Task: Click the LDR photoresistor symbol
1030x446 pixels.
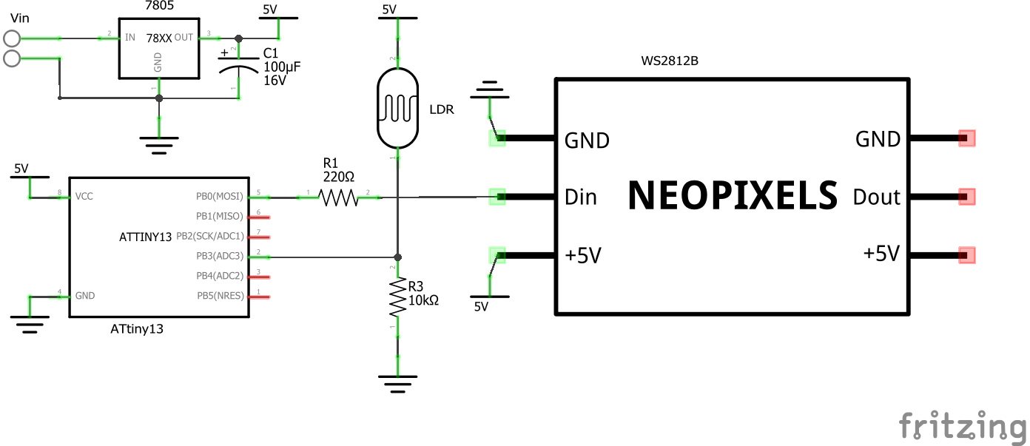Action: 398,109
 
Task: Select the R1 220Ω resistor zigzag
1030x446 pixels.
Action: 339,197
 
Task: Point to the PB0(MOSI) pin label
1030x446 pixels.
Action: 220,197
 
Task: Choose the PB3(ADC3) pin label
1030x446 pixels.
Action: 220,257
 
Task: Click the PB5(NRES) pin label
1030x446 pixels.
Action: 220,296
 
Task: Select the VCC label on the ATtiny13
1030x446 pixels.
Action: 84,197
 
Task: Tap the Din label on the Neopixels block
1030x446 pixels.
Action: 581,197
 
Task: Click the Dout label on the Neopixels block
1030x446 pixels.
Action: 876,197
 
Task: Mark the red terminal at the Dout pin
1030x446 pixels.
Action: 966,197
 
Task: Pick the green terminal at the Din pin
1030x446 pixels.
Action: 497,197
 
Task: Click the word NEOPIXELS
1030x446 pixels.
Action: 733,196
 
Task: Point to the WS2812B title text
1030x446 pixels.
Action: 670,61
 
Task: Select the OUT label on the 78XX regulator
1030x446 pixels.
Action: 184,37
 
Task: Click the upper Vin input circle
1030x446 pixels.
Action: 13,38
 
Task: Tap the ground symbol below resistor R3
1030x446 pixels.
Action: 398,382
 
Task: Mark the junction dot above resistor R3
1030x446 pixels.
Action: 398,257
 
